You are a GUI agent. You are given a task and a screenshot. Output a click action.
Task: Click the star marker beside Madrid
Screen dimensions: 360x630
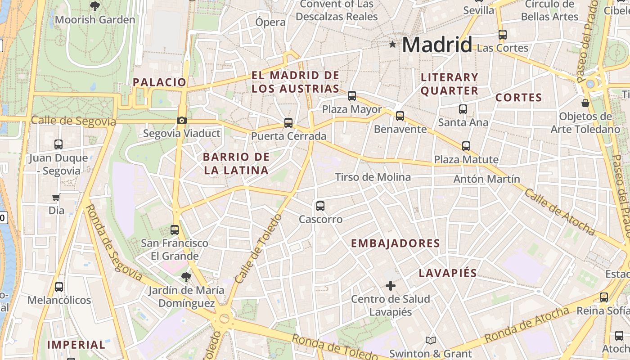393,44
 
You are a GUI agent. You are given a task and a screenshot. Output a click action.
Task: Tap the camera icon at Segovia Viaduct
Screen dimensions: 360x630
182,120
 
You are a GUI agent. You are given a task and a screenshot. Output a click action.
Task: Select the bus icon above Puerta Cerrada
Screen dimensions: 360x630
288,122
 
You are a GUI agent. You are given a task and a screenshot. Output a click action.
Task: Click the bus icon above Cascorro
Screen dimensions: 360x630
320,206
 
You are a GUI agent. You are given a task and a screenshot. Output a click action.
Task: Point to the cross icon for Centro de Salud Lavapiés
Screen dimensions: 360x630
391,285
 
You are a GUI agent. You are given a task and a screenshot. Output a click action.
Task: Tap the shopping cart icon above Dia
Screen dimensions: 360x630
56,197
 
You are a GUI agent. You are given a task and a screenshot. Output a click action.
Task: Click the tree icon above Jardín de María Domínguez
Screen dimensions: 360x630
186,277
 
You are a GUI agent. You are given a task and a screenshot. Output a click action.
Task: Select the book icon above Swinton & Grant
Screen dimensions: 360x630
431,340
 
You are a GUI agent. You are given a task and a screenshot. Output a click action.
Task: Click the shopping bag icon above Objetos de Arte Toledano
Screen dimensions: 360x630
585,103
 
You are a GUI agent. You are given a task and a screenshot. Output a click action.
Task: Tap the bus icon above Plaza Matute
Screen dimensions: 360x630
466,146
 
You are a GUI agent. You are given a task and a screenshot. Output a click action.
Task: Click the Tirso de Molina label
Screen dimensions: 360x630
373,177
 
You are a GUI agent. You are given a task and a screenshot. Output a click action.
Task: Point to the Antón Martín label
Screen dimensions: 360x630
486,179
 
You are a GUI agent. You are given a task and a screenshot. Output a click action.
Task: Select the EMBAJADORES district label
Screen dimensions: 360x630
395,243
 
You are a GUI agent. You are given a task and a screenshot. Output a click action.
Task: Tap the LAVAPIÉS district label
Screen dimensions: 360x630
448,273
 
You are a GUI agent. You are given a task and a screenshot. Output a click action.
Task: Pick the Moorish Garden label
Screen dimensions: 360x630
95,20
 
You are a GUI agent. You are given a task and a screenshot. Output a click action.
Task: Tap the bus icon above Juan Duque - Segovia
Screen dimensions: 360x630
58,144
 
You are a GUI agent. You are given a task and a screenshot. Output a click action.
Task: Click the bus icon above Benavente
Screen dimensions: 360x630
400,116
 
